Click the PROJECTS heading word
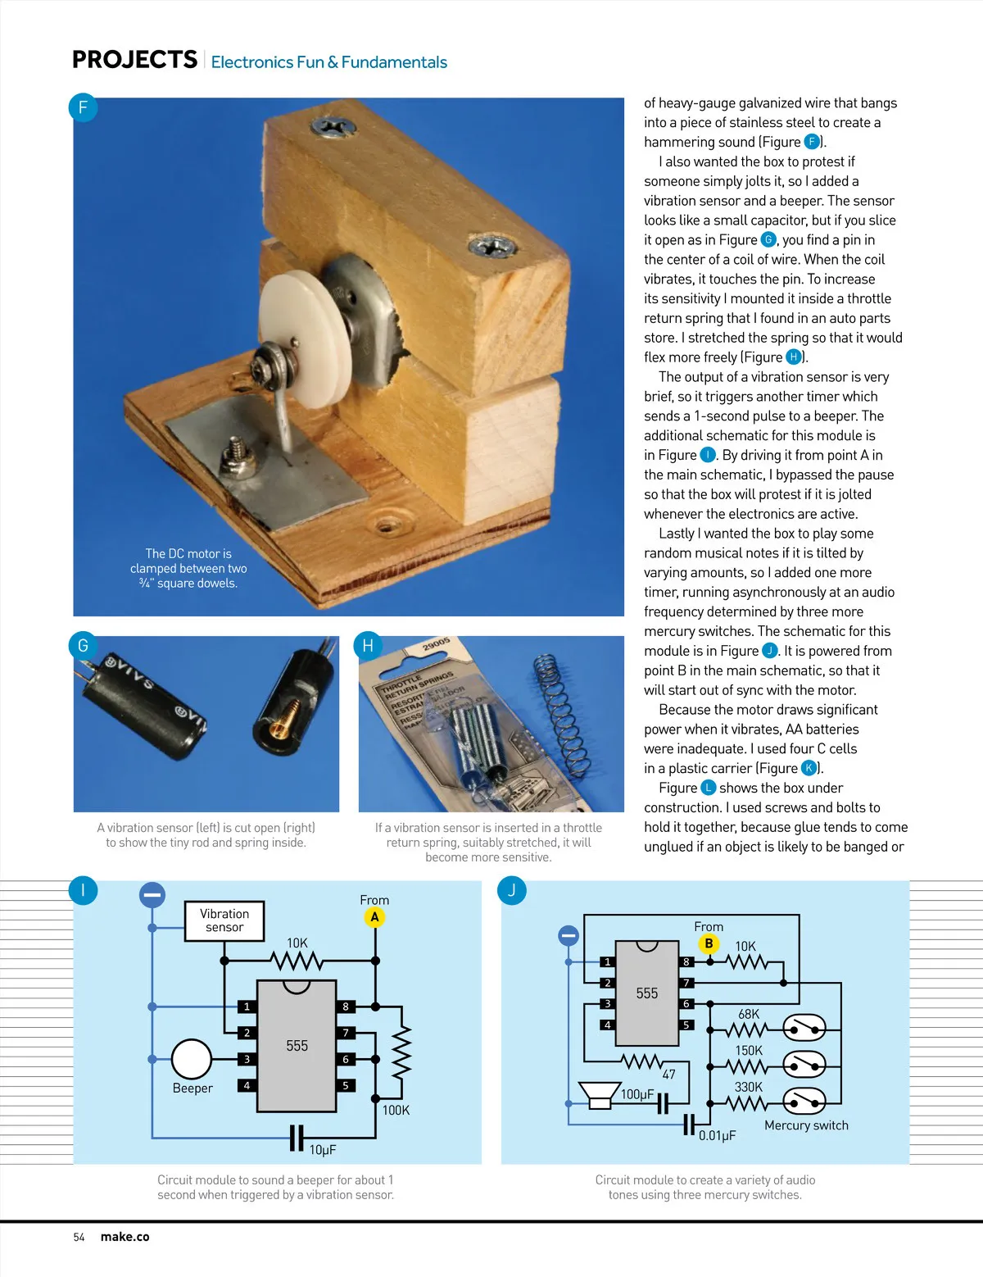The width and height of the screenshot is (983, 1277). (x=134, y=60)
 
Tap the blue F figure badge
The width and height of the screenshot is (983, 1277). (x=83, y=107)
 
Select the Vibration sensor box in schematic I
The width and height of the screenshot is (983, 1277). (x=224, y=920)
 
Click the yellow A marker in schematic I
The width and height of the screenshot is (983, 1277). (x=374, y=917)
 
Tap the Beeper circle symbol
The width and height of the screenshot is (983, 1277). (x=192, y=1059)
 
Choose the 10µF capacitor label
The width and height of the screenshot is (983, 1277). (x=322, y=1150)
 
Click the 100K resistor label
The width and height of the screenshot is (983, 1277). (x=396, y=1111)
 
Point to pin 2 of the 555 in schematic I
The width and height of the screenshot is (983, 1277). (x=247, y=1033)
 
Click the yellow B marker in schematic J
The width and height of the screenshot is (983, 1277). (x=709, y=943)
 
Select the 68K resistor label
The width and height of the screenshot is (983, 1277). (x=749, y=1015)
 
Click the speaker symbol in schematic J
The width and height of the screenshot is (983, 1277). (x=600, y=1094)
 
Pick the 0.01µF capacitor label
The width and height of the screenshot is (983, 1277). (x=718, y=1136)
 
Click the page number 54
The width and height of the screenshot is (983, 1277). (x=79, y=1238)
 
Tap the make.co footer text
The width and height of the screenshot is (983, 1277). (x=125, y=1237)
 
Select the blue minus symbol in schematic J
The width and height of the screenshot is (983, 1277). (x=569, y=935)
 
